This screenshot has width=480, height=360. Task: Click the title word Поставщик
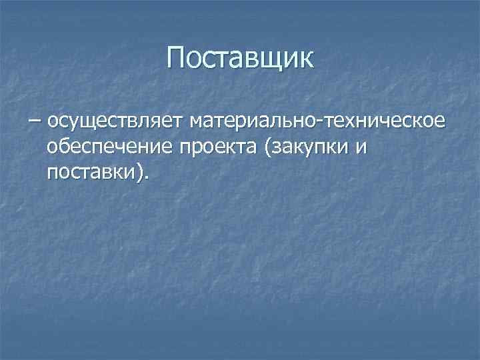tap(240, 58)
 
